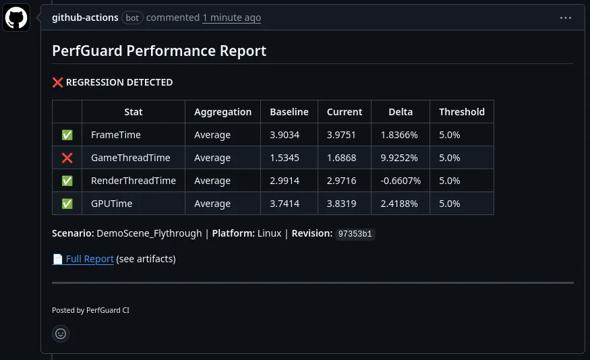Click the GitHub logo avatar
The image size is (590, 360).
point(16,18)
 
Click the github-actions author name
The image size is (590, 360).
point(85,18)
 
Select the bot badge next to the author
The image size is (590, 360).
point(132,18)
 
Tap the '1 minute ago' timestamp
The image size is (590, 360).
point(231,18)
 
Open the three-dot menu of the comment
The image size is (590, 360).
point(566,18)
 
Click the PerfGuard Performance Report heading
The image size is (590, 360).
point(159,51)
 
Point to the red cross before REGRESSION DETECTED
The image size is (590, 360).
point(57,82)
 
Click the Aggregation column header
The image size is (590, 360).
point(223,112)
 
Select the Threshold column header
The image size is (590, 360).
point(461,112)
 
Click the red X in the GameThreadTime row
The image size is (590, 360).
point(67,158)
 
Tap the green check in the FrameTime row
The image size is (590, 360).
point(67,135)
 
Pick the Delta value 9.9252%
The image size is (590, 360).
point(400,158)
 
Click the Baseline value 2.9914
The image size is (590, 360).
point(285,181)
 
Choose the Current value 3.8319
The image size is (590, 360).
point(341,204)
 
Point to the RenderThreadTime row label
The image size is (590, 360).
point(134,181)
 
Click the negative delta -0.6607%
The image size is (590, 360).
point(401,181)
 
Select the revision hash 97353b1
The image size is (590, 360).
point(356,234)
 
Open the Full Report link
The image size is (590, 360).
point(89,259)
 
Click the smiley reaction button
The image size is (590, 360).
point(61,333)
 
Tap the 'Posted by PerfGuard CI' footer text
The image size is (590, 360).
point(90,310)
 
